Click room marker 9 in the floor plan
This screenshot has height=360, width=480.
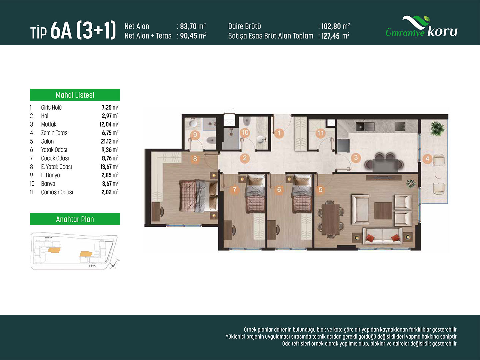[195, 135]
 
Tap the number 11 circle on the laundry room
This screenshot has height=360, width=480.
[321, 133]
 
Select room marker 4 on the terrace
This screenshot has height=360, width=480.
[427, 158]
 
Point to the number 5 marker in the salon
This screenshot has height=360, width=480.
[320, 189]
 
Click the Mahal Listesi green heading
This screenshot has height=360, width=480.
[75, 95]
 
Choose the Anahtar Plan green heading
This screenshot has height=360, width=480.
[75, 219]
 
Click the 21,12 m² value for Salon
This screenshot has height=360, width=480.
[110, 141]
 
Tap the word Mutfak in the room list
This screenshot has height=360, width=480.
[49, 124]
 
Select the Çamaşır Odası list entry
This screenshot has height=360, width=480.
[57, 192]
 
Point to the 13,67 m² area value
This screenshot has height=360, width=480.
[109, 167]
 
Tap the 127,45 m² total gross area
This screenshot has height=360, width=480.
[335, 36]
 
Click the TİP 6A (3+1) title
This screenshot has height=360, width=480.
[73, 30]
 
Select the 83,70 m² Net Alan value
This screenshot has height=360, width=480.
[193, 26]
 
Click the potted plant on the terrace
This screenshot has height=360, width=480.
[437, 128]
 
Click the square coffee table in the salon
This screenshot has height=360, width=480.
[383, 211]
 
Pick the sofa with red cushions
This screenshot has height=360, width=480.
[382, 236]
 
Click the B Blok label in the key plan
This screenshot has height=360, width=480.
[92, 266]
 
